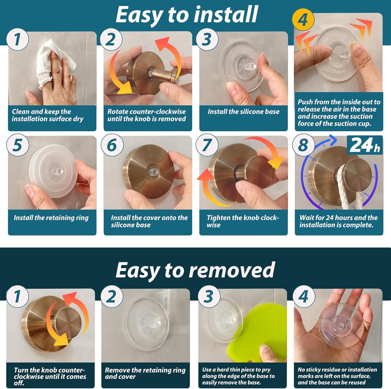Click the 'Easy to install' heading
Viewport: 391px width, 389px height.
[187, 15]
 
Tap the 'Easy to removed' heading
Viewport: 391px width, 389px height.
[195, 270]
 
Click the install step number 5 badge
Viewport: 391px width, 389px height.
[17, 145]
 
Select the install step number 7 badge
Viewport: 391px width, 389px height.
[207, 145]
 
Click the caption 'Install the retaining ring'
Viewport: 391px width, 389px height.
[51, 218]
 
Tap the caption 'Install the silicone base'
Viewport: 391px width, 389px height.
[243, 112]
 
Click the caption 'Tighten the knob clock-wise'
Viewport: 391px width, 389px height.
[243, 221]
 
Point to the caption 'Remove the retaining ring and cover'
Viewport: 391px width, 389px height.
[145, 373]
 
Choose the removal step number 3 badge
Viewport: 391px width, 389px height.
[209, 296]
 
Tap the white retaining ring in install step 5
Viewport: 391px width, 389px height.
[52, 171]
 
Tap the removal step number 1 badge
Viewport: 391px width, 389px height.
[17, 296]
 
